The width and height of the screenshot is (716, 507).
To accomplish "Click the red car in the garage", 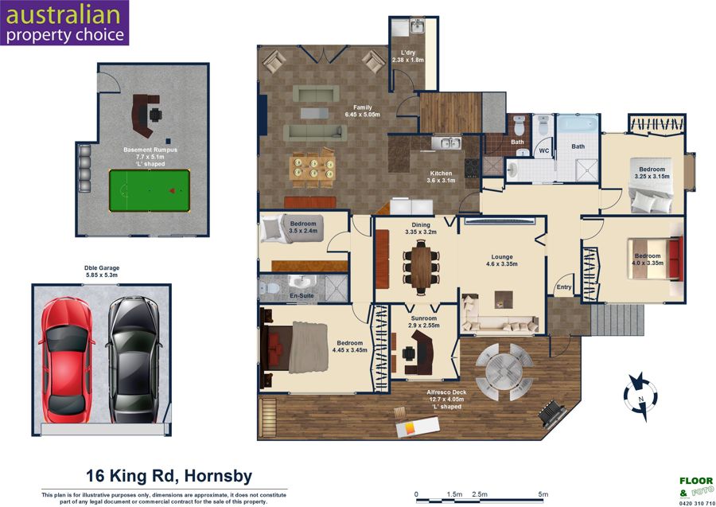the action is click(x=66, y=360).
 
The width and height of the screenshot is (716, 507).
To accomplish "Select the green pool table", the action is click(x=150, y=190).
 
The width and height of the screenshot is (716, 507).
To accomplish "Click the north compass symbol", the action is click(x=640, y=396).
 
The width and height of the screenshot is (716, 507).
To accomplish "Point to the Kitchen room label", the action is click(x=441, y=177).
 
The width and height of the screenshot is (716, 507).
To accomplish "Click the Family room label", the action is click(x=363, y=111).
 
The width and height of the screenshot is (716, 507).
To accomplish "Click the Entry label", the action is click(x=564, y=287).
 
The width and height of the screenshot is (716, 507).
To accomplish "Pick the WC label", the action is click(x=544, y=150).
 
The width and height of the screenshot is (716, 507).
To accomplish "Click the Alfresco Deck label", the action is click(x=446, y=400).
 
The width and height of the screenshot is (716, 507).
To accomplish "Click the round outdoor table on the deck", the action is click(x=504, y=372).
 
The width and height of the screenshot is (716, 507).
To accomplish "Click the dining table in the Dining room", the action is click(x=421, y=267).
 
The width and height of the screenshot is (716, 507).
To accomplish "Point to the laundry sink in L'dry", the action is click(x=417, y=26).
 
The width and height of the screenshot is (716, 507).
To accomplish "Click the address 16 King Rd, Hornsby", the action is click(x=169, y=476).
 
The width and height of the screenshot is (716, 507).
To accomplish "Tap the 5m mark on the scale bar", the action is click(x=543, y=494).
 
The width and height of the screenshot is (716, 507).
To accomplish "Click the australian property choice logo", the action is click(x=64, y=23).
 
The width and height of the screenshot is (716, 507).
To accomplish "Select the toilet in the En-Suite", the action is click(x=269, y=288).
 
